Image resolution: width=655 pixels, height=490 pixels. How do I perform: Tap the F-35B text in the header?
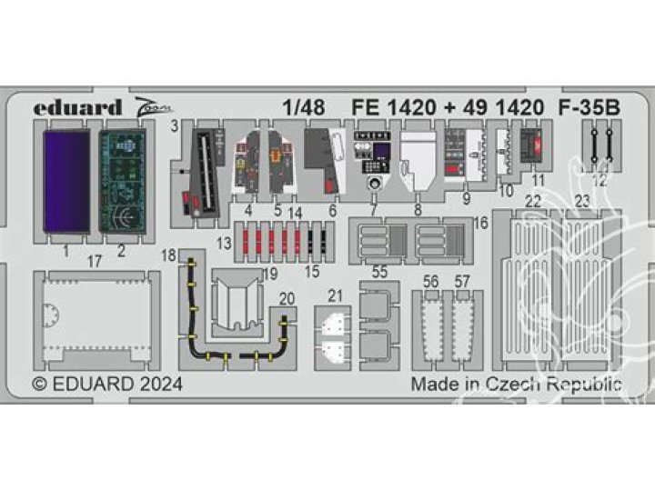point(589,107)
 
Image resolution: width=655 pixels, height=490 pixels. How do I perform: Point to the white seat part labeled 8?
point(420,160)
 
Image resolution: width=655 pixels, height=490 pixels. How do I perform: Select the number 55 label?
point(379,271)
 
